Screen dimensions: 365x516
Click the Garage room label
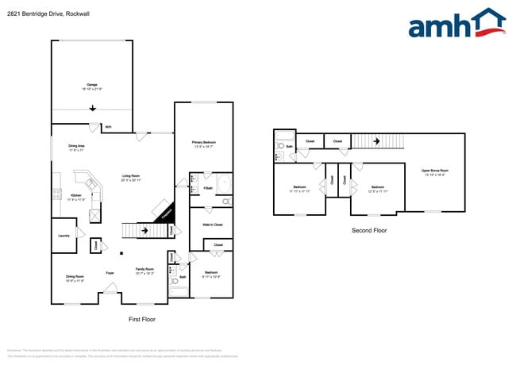[93, 86]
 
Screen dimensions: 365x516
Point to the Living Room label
[132, 179]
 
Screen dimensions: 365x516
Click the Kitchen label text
[76, 197]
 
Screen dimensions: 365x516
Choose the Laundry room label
[64, 236]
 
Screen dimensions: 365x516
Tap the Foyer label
[110, 273]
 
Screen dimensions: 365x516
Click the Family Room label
[144, 271]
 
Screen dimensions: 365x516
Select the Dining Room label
[75, 279]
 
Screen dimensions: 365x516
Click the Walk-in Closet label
[212, 225]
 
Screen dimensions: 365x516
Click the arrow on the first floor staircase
[144, 232]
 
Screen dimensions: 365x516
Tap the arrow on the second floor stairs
[377, 141]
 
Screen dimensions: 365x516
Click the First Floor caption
[143, 319]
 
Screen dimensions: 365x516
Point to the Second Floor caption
[369, 230]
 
